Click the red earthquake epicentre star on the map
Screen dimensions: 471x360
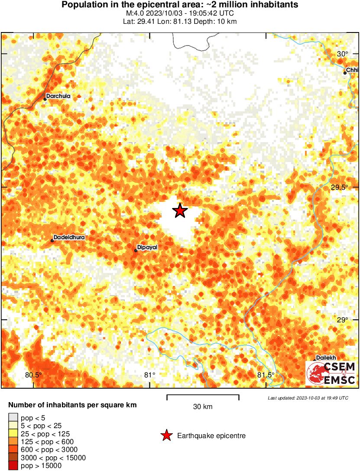[180, 211]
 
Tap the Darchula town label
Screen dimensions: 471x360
[58, 96]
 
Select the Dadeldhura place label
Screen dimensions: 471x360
[69, 237]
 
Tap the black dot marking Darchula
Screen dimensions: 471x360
[45, 99]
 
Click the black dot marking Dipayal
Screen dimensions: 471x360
[136, 250]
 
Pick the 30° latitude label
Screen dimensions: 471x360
[343, 54]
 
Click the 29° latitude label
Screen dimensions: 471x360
[343, 320]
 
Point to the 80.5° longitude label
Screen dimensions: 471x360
[33, 375]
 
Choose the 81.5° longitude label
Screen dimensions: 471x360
[265, 375]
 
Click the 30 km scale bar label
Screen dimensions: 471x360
[203, 407]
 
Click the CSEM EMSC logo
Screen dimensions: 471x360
[331, 374]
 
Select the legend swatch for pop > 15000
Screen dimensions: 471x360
[13, 466]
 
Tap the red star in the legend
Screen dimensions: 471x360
[166, 435]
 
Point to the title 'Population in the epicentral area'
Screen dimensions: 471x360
[180, 5]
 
